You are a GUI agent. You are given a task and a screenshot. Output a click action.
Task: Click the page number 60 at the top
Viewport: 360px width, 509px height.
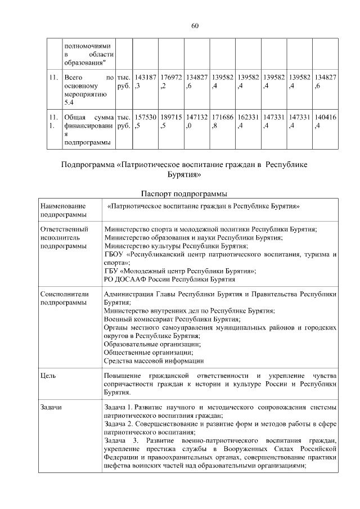195,26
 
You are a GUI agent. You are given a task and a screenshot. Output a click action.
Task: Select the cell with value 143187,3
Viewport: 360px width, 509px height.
145,82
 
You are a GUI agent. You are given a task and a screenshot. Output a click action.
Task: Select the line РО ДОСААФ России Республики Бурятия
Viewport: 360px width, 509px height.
170,279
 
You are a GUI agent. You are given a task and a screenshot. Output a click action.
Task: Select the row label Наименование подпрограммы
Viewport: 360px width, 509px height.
64,211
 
